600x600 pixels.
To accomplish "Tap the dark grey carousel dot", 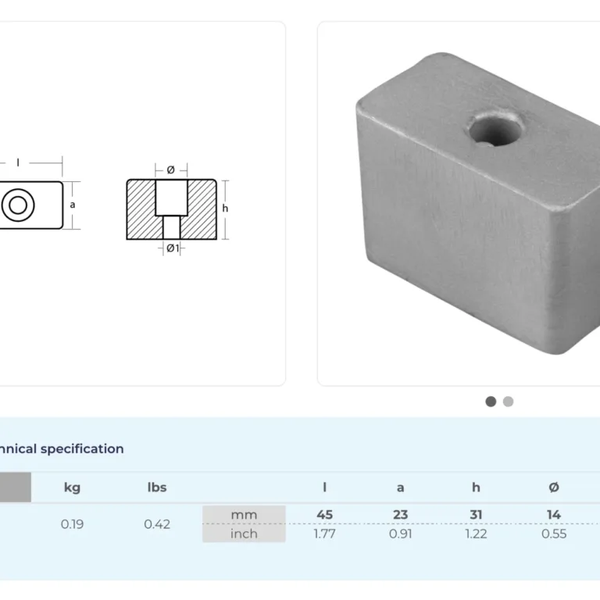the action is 491,402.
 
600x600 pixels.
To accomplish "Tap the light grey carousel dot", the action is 508,402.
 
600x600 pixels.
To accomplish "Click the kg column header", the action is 72,487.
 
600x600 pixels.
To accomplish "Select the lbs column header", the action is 157,487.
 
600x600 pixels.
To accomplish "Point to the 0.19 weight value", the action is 72,524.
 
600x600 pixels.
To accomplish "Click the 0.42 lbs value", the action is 157,524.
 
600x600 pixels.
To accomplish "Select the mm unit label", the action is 244,515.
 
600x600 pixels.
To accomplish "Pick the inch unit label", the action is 244,534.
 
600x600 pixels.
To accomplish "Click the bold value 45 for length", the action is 324,515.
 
